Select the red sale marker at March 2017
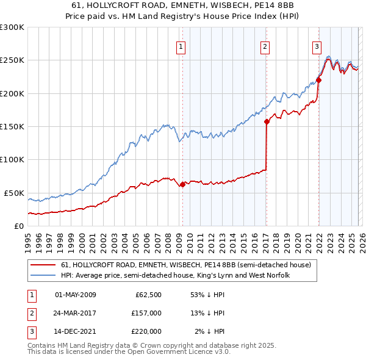coord(267,121)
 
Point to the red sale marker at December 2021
coord(318,80)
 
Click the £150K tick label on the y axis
coord(12,127)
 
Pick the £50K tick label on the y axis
coord(14,193)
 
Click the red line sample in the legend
coord(43,265)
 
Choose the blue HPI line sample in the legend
coord(43,276)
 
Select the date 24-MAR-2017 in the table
coord(76,313)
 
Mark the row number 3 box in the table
coord(32,331)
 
